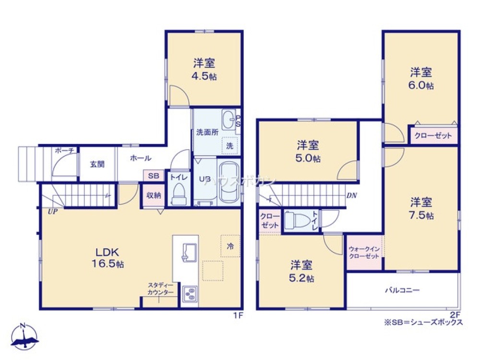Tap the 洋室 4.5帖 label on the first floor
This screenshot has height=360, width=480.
(204, 69)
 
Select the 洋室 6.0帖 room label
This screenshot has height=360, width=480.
(421, 79)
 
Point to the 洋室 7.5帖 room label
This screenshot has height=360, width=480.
(421, 208)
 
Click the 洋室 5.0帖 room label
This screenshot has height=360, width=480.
(308, 151)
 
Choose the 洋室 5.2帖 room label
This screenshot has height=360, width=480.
(302, 271)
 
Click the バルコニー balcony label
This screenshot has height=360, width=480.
(403, 290)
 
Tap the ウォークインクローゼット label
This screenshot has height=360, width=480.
(364, 252)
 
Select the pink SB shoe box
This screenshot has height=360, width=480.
(153, 176)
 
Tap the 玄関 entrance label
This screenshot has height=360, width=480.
(97, 164)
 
